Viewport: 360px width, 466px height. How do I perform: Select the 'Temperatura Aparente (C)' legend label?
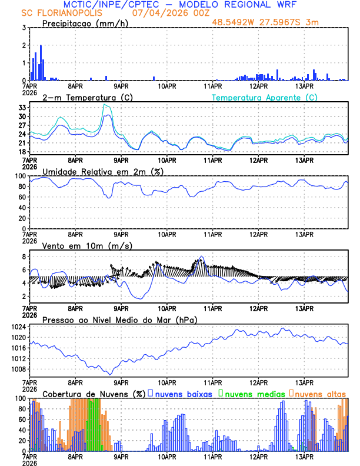click(264, 97)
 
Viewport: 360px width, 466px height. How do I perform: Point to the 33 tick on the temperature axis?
click(22, 108)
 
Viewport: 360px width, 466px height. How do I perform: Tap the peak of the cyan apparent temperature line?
click(105, 105)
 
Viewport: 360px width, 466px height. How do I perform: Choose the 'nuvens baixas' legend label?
click(184, 393)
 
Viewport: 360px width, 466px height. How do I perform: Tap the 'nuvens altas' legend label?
click(321, 393)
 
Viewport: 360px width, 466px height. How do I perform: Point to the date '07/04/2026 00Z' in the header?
click(169, 12)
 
